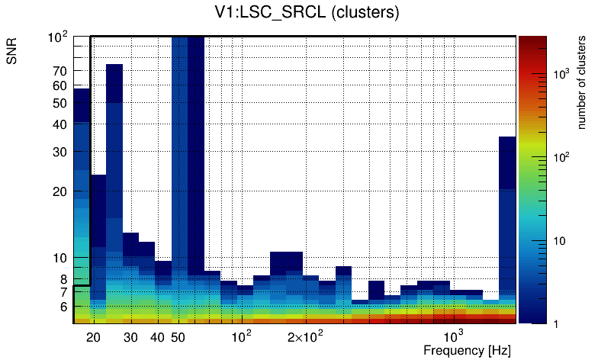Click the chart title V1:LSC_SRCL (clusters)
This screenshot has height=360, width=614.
click(x=306, y=13)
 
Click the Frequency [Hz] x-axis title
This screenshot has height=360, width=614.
click(x=467, y=351)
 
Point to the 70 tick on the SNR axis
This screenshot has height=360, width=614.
click(x=59, y=71)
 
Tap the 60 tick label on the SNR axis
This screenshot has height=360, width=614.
click(x=59, y=86)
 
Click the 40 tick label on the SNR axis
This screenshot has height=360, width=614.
click(x=59, y=124)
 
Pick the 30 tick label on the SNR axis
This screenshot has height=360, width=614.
click(x=59, y=152)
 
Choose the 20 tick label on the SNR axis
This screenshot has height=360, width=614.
click(x=59, y=191)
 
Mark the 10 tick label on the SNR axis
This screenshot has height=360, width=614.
click(x=59, y=258)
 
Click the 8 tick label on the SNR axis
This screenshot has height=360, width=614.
click(x=63, y=279)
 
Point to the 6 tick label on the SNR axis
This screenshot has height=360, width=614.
click(x=63, y=307)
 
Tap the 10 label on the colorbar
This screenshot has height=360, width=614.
click(x=558, y=241)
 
